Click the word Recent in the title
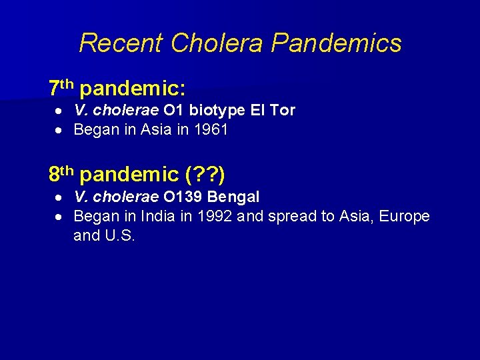(x=121, y=43)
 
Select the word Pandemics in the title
(x=337, y=43)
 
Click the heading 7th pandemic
(x=117, y=88)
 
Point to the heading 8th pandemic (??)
(x=137, y=175)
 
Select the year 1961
(x=211, y=130)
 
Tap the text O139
(x=183, y=197)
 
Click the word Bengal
(x=234, y=197)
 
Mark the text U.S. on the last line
(x=120, y=235)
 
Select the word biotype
(x=217, y=111)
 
